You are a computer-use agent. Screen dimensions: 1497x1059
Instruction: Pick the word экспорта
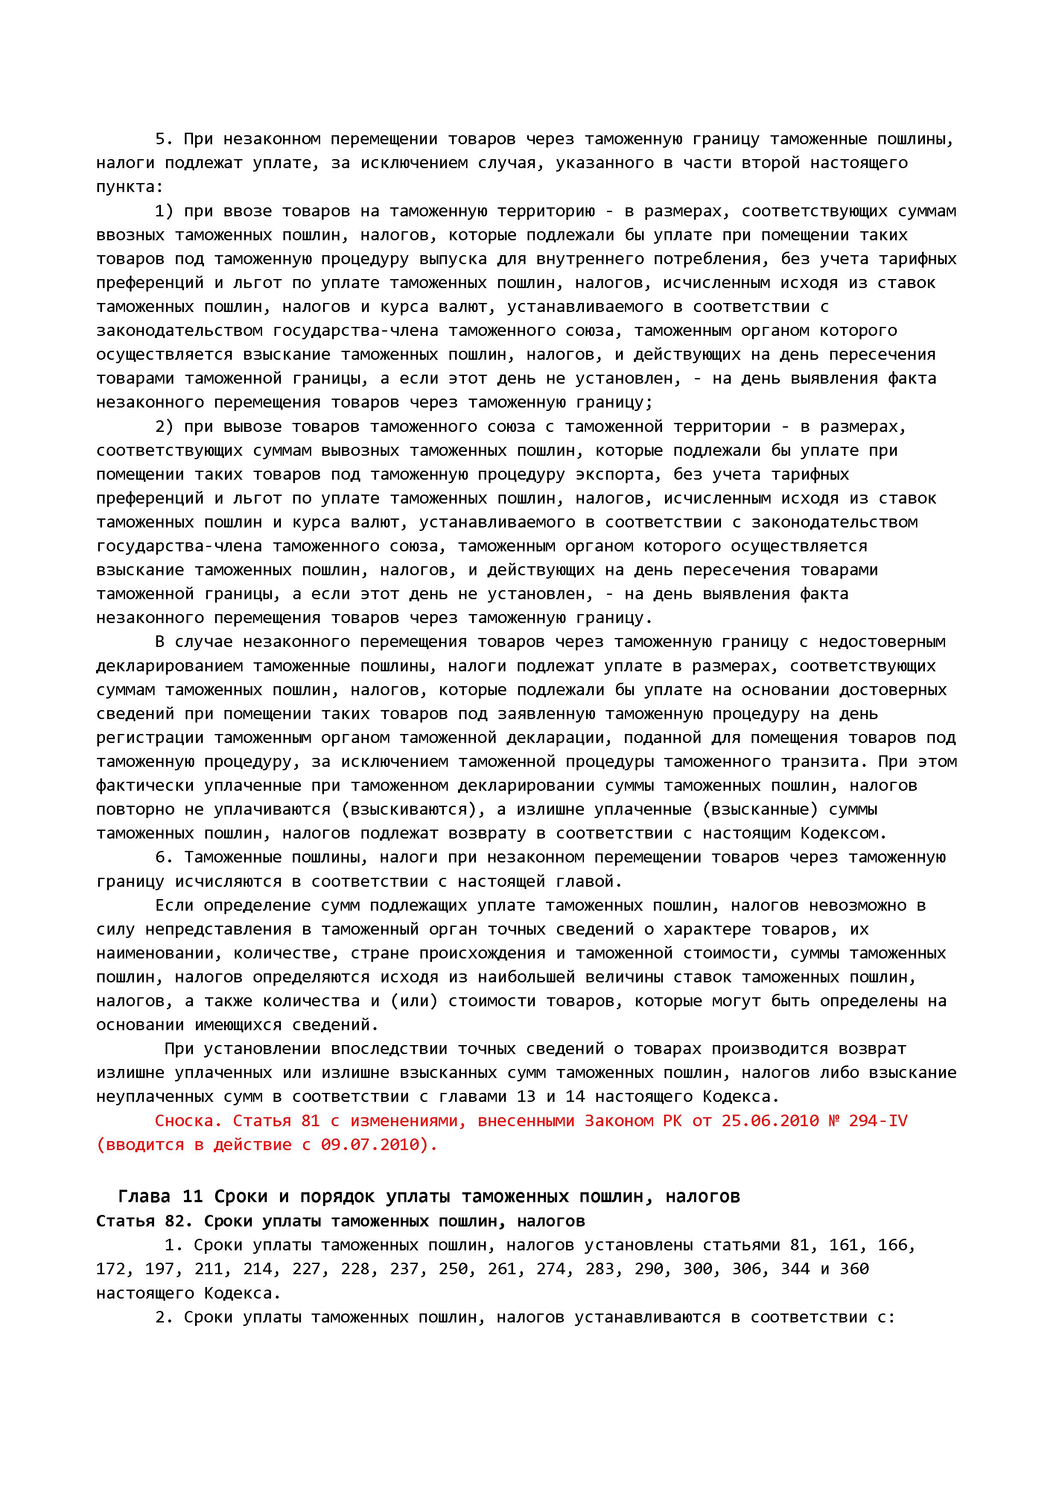point(619,475)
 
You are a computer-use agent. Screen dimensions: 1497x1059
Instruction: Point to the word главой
point(589,882)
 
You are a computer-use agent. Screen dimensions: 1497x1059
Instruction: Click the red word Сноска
point(189,1121)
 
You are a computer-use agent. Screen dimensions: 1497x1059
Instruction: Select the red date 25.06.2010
point(770,1121)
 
